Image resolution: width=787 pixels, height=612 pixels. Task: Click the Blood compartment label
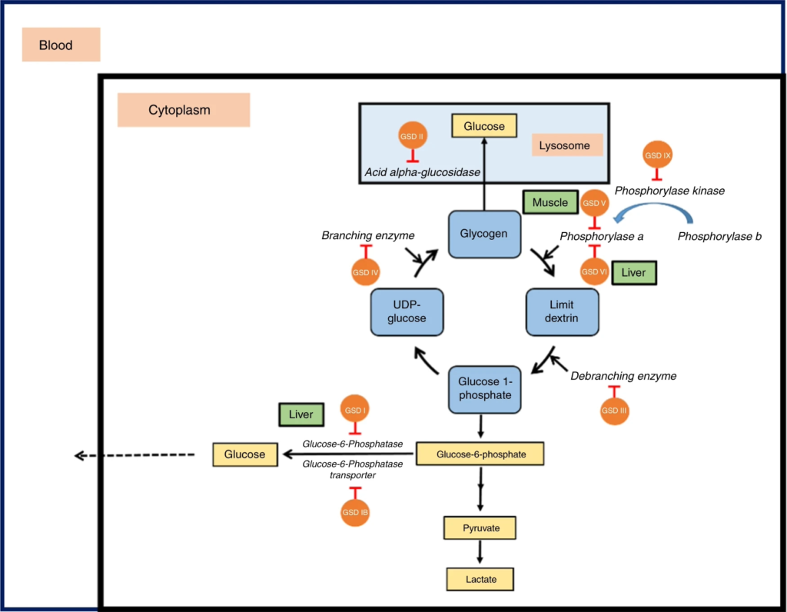[61, 45]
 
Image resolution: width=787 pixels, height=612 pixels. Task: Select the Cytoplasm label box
[183, 110]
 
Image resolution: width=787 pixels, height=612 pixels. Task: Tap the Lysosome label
[567, 145]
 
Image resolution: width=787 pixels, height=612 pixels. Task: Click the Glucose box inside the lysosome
[484, 126]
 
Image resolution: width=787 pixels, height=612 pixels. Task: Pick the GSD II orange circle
[412, 136]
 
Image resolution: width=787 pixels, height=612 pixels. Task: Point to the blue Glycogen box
[484, 233]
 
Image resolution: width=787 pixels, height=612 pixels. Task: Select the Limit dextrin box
[562, 312]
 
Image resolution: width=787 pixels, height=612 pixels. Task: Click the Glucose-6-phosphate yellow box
[480, 454]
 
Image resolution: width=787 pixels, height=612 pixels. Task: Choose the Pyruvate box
[480, 528]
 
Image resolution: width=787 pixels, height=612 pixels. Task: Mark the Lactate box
[480, 577]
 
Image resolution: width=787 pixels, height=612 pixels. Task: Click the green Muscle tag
[550, 203]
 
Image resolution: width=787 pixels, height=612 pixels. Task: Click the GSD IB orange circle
[355, 512]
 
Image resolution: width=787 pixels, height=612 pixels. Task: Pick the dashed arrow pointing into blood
[134, 456]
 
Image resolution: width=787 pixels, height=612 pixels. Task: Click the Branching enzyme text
[368, 234]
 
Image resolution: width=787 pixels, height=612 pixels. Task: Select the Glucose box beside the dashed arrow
[244, 454]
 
